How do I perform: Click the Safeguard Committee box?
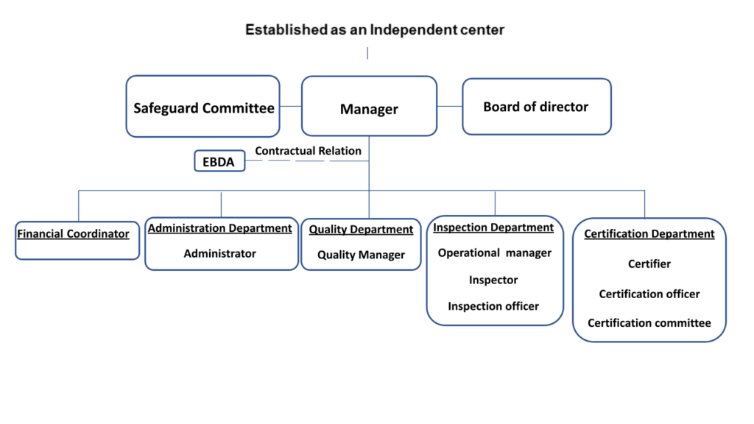coord(203,106)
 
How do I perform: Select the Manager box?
coord(370,106)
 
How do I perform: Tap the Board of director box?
coord(537,107)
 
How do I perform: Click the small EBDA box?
coord(219,161)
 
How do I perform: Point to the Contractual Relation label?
coord(309,151)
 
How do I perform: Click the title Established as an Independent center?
coord(375,29)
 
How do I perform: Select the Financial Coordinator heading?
coord(73,234)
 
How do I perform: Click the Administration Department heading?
coord(219,228)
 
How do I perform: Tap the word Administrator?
coord(219,253)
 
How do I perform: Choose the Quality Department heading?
coord(361,230)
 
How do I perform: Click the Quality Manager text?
coord(361,255)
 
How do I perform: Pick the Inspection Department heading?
coord(493,227)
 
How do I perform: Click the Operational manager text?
coord(494,253)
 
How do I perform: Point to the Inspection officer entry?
coord(493,306)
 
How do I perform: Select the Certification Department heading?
coord(649,233)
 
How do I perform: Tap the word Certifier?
coord(649,264)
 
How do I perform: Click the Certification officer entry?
coord(649,294)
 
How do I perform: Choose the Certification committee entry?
coord(649,323)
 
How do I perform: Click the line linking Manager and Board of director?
coord(450,106)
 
